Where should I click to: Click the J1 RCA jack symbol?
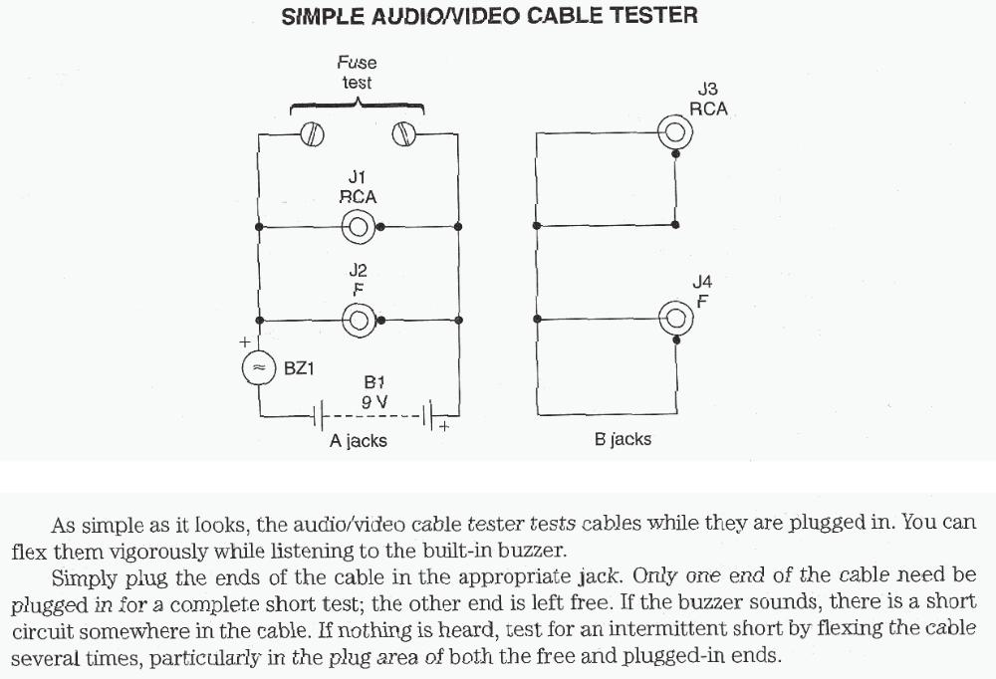coord(359,227)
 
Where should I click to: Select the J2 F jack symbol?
coord(359,320)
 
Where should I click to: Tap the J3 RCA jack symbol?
coord(676,131)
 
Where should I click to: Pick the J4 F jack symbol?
coord(676,319)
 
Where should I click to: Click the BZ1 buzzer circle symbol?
coord(259,368)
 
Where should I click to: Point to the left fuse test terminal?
coord(313,133)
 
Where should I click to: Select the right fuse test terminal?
coord(403,133)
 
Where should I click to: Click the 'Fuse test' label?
coord(357,73)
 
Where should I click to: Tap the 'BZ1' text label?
coord(300,368)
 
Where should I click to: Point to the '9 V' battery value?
coord(374,402)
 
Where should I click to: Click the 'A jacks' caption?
coord(359,440)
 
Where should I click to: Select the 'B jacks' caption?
coord(622,439)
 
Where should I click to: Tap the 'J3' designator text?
coord(708,91)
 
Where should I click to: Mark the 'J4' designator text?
coord(702,284)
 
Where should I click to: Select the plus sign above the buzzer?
coord(244,341)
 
